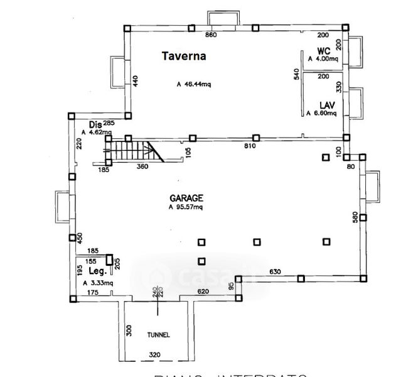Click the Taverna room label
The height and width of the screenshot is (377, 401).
pyautogui.click(x=184, y=56)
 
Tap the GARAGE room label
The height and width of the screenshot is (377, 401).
pyautogui.click(x=185, y=197)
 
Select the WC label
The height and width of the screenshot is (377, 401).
pyautogui.click(x=324, y=50)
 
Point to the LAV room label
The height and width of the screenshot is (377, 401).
pyautogui.click(x=326, y=105)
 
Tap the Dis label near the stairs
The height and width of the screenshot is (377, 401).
pyautogui.click(x=95, y=124)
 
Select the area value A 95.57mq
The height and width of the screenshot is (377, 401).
pyautogui.click(x=186, y=206)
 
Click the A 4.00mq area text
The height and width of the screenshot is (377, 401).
pyautogui.click(x=323, y=59)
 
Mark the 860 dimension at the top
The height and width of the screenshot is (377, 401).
pyautogui.click(x=211, y=35)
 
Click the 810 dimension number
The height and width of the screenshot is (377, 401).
pyautogui.click(x=249, y=146)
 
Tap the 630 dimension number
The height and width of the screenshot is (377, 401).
pyautogui.click(x=274, y=271)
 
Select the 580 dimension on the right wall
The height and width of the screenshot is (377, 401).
pyautogui.click(x=355, y=217)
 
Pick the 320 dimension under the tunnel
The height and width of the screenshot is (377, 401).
pyautogui.click(x=155, y=355)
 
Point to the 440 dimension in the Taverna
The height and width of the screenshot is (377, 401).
pyautogui.click(x=135, y=80)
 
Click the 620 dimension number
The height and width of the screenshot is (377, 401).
pyautogui.click(x=203, y=292)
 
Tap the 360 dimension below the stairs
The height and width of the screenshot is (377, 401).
pyautogui.click(x=142, y=167)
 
